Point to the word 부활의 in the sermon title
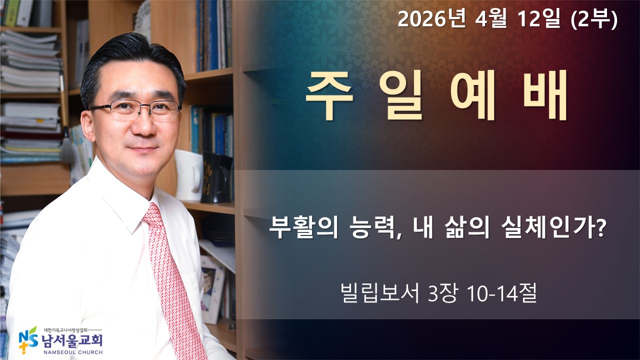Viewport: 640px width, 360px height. point(303,227)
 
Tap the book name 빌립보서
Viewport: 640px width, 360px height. point(380,293)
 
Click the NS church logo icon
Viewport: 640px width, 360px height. point(28,339)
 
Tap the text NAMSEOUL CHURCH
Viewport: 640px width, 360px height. point(73,352)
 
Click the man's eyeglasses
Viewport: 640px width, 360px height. point(134,110)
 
